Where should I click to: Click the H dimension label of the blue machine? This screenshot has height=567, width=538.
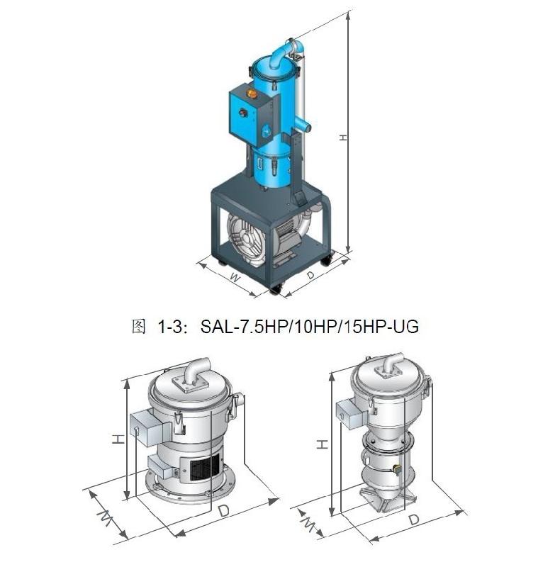pyautogui.click(x=343, y=137)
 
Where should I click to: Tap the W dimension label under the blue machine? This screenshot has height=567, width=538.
pyautogui.click(x=235, y=278)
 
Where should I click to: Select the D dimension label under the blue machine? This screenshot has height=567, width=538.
pyautogui.click(x=310, y=275)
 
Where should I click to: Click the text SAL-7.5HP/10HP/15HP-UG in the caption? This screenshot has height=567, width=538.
pyautogui.click(x=310, y=327)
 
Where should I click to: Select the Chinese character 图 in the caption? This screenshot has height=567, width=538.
pyautogui.click(x=139, y=327)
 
